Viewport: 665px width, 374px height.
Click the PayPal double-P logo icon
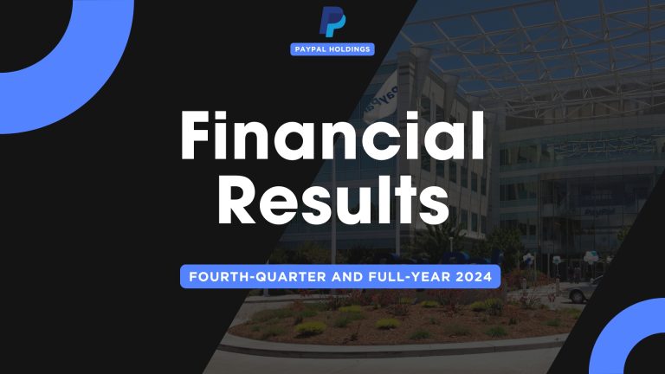coord(332,22)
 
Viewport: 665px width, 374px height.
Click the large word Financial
coord(332,138)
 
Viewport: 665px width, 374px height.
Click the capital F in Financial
coord(197,138)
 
